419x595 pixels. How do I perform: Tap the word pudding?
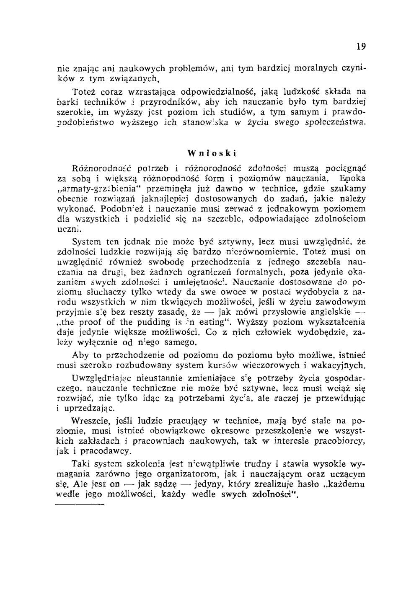tap(151, 322)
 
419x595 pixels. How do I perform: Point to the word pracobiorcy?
tap(340, 441)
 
